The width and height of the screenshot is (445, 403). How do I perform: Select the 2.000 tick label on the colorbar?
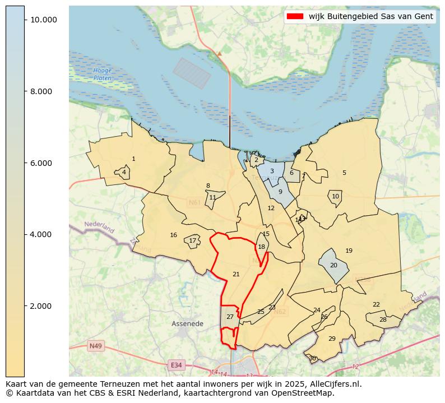pyautogui.click(x=43, y=306)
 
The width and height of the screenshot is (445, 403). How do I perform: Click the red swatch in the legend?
pyautogui.click(x=295, y=16)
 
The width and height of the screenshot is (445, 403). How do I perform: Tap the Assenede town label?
pyautogui.click(x=187, y=324)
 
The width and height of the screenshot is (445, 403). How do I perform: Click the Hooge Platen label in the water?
pyautogui.click(x=103, y=75)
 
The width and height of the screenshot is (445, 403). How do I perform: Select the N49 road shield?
pyautogui.click(x=95, y=346)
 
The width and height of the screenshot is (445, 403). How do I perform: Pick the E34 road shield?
pyautogui.click(x=177, y=365)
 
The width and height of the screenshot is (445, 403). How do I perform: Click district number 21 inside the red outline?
pyautogui.click(x=236, y=274)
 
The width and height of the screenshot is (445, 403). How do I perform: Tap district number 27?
pyautogui.click(x=230, y=317)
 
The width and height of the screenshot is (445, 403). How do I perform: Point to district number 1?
pyautogui.click(x=133, y=159)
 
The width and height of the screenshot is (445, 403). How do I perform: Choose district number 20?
pyautogui.click(x=333, y=265)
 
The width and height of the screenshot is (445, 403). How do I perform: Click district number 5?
pyautogui.click(x=344, y=173)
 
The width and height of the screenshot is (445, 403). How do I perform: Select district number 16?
pyautogui.click(x=174, y=235)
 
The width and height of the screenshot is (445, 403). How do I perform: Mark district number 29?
pyautogui.click(x=332, y=339)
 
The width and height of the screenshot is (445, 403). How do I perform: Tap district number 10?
pyautogui.click(x=335, y=196)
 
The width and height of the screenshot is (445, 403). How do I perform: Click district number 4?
pyautogui.click(x=124, y=172)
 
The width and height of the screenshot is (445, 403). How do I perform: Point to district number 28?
pyautogui.click(x=383, y=319)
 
